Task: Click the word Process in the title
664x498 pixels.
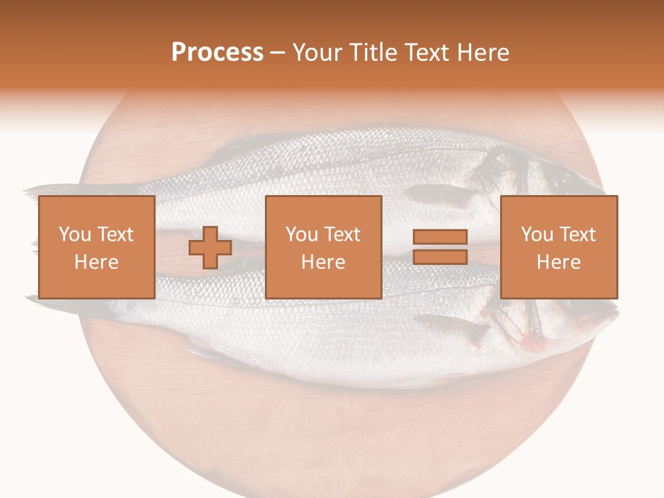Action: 217,53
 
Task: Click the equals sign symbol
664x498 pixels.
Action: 440,247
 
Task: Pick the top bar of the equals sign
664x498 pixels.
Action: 440,237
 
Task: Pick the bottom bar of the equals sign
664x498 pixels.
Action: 440,257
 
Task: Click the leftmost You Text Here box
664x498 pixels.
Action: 96,247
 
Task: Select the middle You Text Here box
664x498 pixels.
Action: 323,247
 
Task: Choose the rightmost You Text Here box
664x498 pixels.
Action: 558,247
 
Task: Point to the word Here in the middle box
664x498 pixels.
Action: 323,262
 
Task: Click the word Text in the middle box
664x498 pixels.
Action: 342,234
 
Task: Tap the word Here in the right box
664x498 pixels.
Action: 558,262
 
